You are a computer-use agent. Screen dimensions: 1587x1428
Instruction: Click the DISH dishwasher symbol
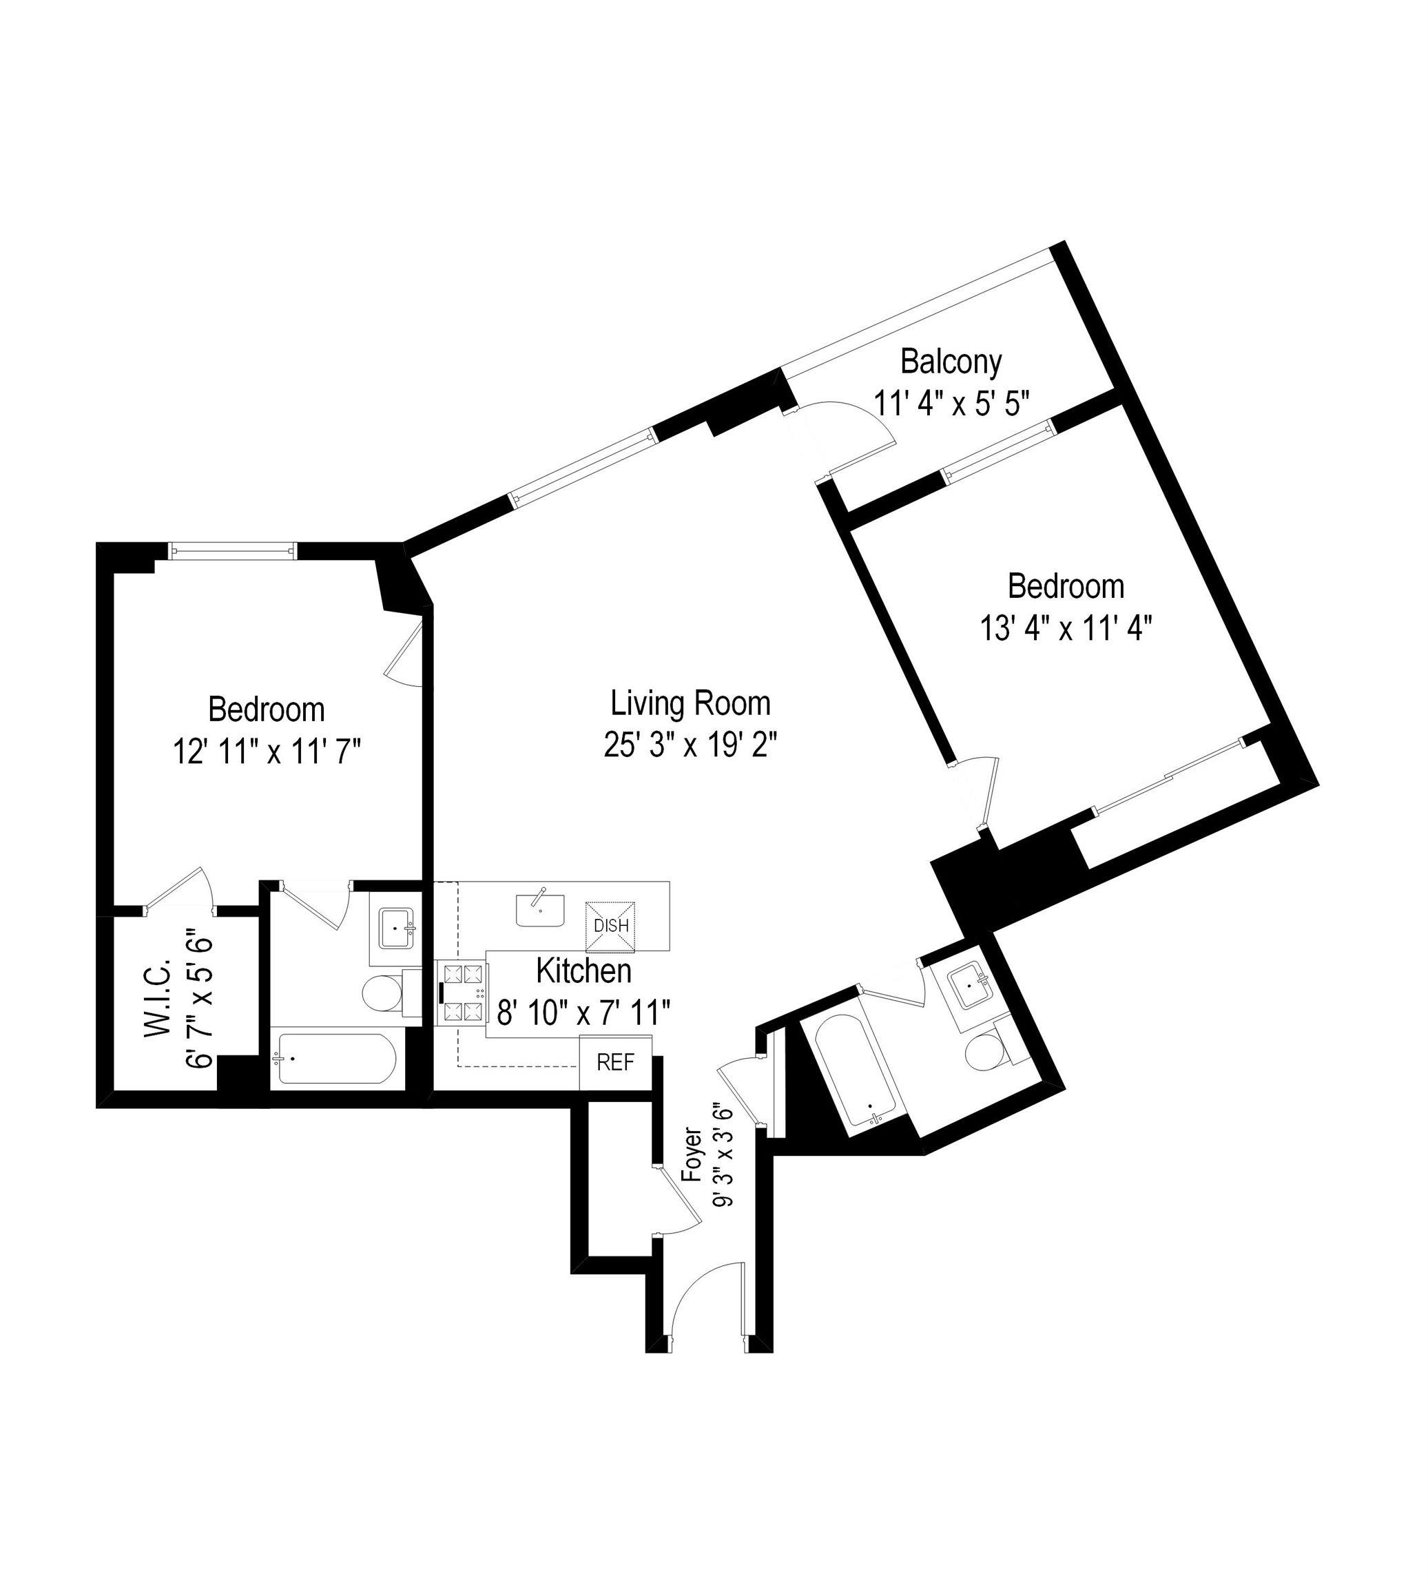[x=610, y=926]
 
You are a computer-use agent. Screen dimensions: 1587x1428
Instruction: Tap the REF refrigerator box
[x=615, y=1062]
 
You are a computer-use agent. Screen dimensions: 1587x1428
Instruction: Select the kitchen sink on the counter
[x=540, y=909]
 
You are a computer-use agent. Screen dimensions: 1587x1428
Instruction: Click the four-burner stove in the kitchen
[x=462, y=993]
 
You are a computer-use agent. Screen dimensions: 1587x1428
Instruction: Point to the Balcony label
[x=950, y=362]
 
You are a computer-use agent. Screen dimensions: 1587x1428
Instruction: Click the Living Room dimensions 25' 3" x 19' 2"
[x=690, y=745]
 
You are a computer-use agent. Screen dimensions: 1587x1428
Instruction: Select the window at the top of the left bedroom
[x=233, y=552]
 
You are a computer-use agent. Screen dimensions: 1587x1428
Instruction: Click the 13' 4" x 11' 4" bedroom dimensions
[x=1065, y=628]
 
